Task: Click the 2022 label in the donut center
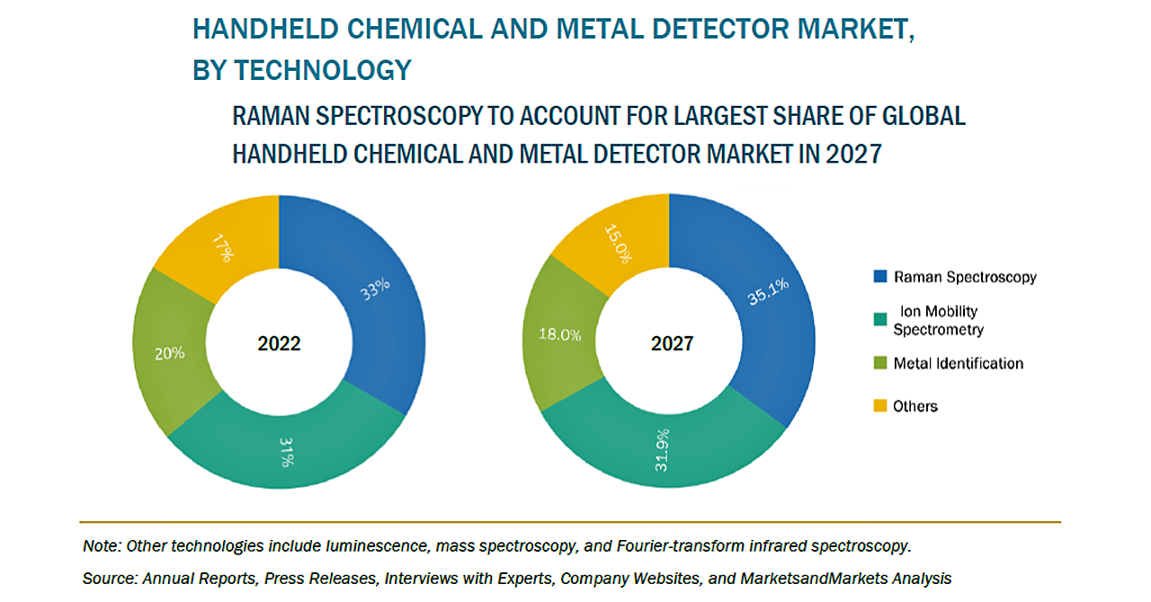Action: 279,343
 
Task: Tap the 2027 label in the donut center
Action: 671,343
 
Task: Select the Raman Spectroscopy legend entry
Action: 964,277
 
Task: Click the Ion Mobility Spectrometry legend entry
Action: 938,320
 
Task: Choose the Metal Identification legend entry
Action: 958,364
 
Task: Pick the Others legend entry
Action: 915,406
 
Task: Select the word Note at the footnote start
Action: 103,545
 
